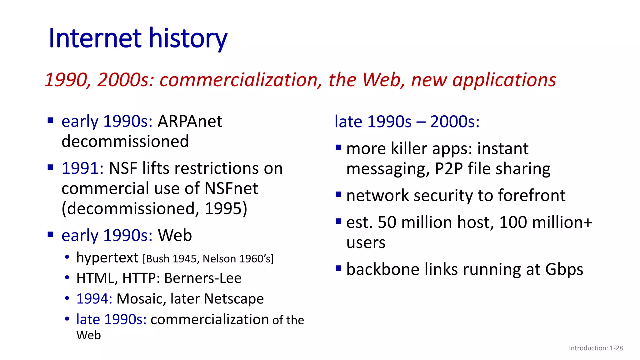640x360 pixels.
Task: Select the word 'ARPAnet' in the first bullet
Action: click(x=190, y=121)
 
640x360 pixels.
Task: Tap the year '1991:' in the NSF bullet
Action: click(x=82, y=168)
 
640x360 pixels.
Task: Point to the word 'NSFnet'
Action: click(x=231, y=188)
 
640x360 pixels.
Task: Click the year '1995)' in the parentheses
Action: click(x=226, y=208)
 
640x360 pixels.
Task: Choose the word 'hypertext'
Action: click(x=107, y=258)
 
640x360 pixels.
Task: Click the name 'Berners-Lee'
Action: click(x=203, y=278)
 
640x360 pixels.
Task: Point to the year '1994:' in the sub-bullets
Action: click(x=94, y=299)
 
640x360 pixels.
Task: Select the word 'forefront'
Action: click(x=532, y=196)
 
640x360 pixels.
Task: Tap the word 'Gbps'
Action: click(x=564, y=269)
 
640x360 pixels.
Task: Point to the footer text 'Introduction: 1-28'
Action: click(x=596, y=348)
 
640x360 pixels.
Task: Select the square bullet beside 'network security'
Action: click(x=338, y=195)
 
